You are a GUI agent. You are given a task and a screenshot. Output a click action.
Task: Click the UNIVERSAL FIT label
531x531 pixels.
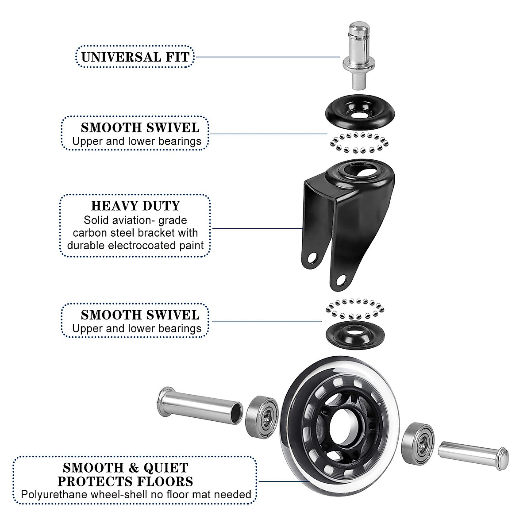[x=135, y=57]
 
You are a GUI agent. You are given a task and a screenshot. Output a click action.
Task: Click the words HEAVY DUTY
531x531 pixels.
[x=135, y=206]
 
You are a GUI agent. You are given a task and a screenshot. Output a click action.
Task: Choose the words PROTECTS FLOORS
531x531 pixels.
[x=126, y=481]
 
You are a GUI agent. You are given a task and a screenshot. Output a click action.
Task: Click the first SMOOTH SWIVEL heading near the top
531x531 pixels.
[x=140, y=128]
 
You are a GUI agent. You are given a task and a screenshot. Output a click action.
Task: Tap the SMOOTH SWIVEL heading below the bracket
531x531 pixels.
[x=140, y=315]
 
